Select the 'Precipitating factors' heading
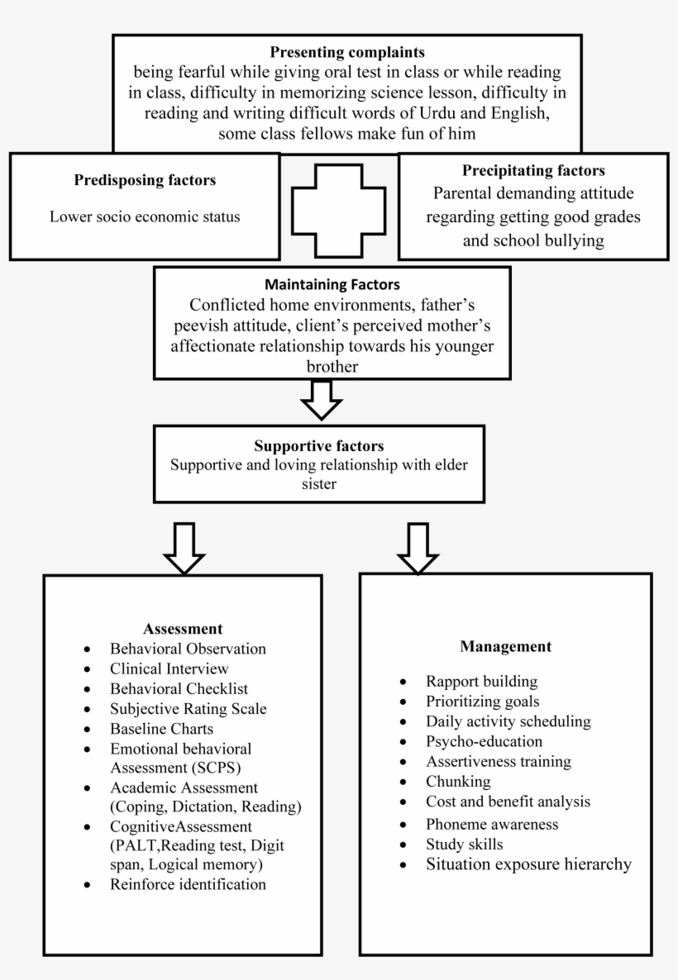[x=532, y=171]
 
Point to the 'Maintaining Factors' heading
[x=321, y=284]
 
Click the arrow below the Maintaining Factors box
[x=321, y=401]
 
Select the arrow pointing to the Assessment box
[x=184, y=548]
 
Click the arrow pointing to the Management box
[x=418, y=548]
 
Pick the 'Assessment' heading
[x=183, y=628]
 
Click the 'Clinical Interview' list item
[x=169, y=668]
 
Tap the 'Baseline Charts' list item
[x=161, y=729]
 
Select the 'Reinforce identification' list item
[x=188, y=884]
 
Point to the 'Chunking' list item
[x=458, y=781]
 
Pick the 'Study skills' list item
[x=464, y=844]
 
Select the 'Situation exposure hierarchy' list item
[x=528, y=865]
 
